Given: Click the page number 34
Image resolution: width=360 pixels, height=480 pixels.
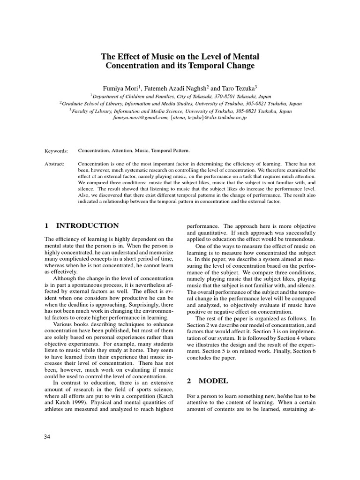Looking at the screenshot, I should click(47, 436).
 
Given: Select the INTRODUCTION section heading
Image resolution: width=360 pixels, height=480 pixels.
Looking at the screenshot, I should click(86, 225).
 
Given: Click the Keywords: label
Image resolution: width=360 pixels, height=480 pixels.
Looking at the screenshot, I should click(56, 151).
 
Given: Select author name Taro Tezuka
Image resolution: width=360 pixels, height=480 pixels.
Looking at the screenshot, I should click(237, 87).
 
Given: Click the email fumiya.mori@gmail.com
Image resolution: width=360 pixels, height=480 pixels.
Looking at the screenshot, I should click(141, 118).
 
